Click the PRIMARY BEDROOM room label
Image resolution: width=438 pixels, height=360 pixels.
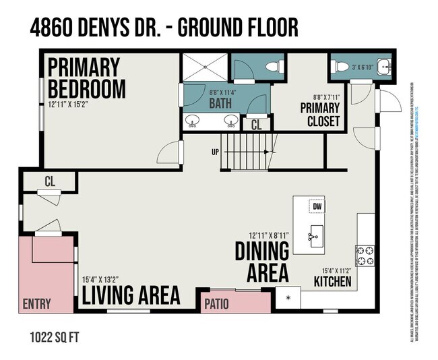point(86,78)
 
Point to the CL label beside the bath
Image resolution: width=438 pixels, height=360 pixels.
point(256,125)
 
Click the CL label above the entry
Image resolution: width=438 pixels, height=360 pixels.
point(49,181)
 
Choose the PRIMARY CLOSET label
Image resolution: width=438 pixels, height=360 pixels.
point(319,115)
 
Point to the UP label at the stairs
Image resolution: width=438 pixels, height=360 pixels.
point(215,152)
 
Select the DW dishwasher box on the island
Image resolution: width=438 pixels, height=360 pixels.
point(317,207)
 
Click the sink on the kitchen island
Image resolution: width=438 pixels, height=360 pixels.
point(314,236)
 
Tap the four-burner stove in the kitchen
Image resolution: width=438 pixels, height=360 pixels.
point(365,256)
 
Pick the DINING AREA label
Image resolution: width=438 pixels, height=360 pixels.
point(261,260)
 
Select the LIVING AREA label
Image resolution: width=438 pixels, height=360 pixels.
point(131,295)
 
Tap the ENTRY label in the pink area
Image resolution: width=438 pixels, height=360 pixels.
point(36,304)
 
